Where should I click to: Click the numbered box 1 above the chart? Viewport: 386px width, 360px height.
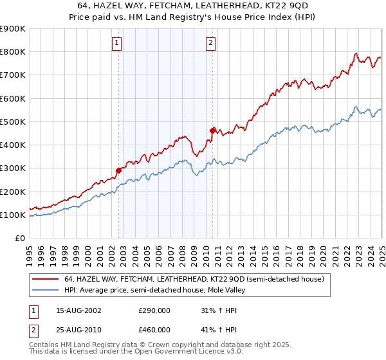click(x=117, y=44)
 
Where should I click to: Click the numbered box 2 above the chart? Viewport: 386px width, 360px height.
click(x=211, y=44)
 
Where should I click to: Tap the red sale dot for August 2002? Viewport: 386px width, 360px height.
click(x=118, y=170)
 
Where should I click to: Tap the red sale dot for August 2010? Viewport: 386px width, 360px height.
click(x=212, y=130)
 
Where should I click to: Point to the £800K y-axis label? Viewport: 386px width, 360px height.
click(x=13, y=52)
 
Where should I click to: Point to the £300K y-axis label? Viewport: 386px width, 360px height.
click(x=13, y=168)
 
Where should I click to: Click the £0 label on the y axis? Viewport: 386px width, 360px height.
click(x=20, y=238)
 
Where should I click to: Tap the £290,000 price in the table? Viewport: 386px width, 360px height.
click(x=155, y=310)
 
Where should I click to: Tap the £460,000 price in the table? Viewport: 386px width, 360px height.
click(x=155, y=329)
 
